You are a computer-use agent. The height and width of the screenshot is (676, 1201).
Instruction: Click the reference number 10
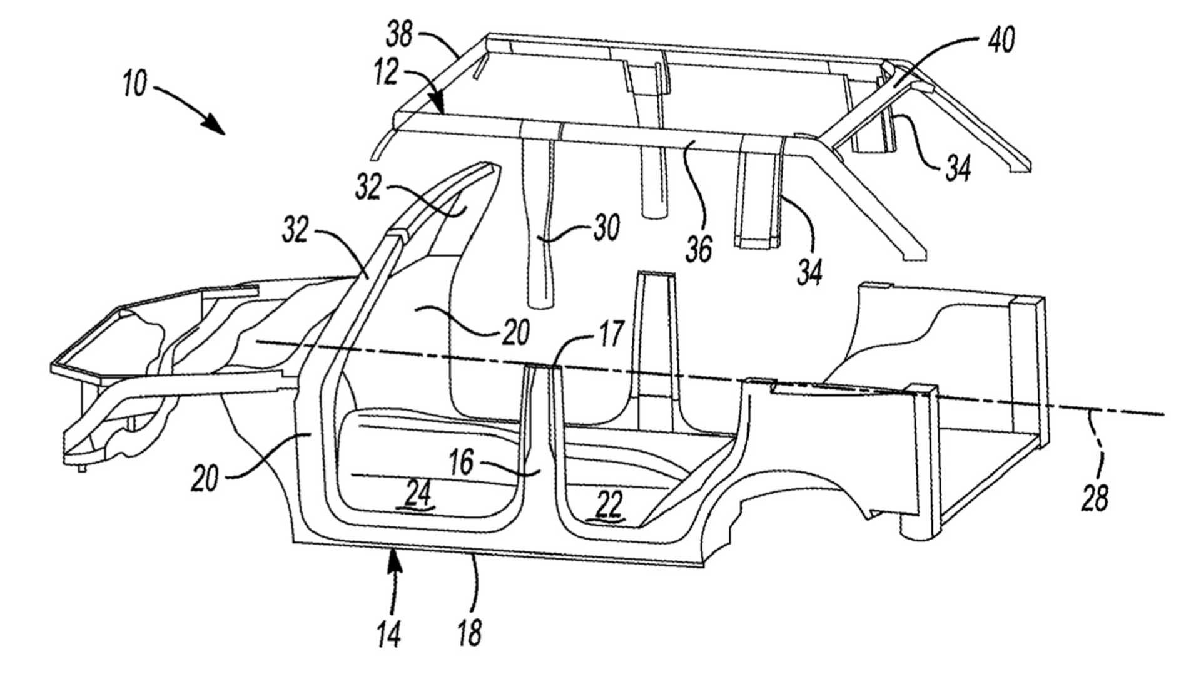tap(135, 84)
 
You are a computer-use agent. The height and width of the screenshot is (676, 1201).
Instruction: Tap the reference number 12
tap(387, 73)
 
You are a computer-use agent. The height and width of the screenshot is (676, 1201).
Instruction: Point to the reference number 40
tap(1001, 39)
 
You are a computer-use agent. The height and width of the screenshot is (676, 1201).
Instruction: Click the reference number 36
tap(699, 248)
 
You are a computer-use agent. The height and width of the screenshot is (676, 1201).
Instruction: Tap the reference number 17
tap(611, 334)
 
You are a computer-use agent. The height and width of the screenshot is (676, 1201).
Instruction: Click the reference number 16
tap(461, 464)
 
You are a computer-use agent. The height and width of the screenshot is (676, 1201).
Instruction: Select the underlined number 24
tap(418, 496)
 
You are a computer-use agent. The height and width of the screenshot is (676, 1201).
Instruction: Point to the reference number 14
tap(388, 633)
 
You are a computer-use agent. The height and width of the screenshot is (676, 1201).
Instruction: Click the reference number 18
tap(469, 633)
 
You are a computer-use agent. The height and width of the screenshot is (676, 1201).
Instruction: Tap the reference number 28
tap(1094, 499)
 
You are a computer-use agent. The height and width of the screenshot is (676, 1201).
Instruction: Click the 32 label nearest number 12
tap(369, 187)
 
